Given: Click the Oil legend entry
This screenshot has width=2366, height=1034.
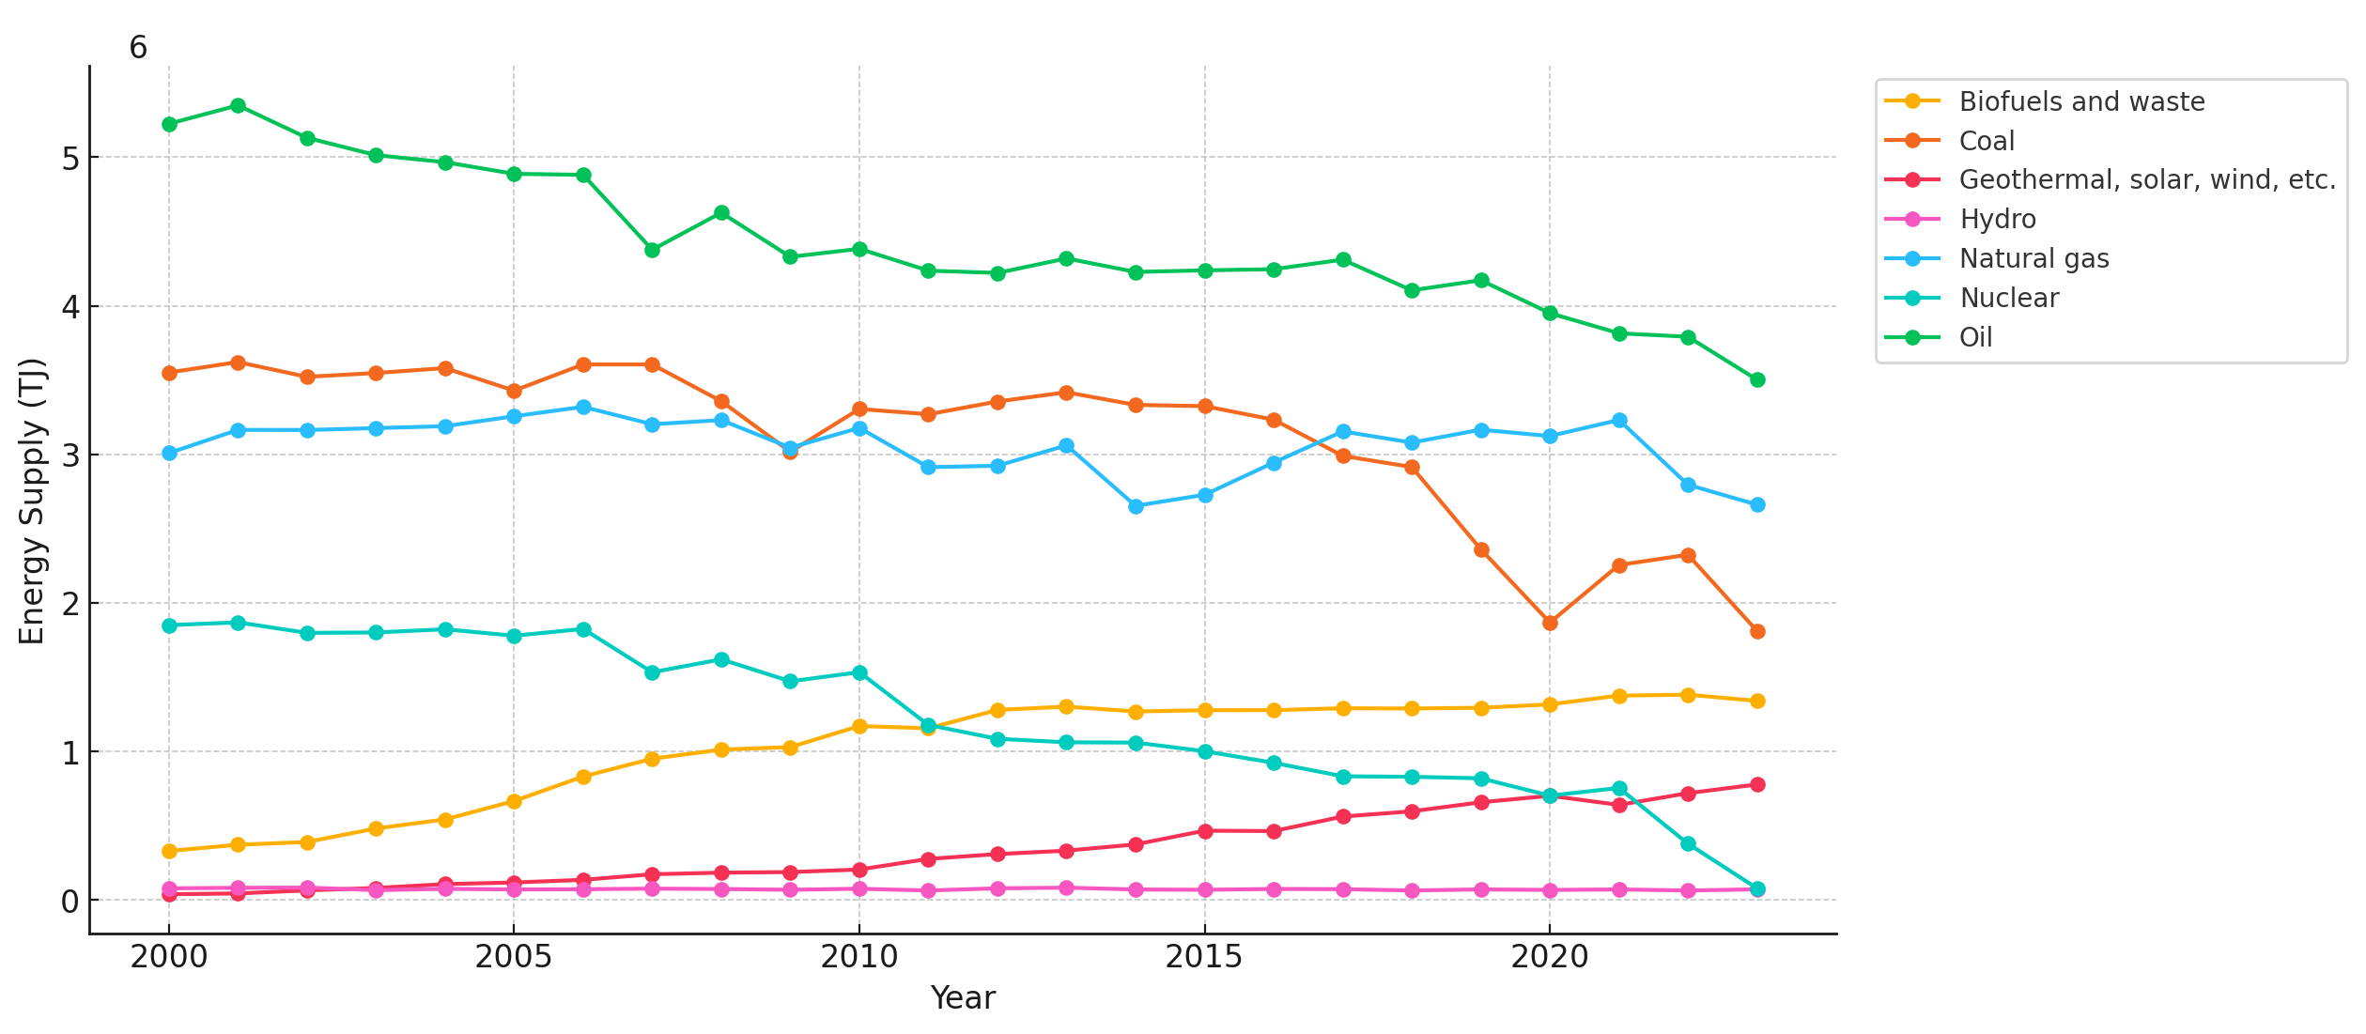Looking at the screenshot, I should click(1974, 338).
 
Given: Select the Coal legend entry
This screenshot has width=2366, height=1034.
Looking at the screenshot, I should click(1986, 142).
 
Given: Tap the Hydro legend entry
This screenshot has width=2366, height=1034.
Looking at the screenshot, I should click(1997, 220).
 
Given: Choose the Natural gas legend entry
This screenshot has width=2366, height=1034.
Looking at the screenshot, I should click(2034, 259).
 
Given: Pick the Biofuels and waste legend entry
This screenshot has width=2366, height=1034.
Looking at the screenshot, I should click(2081, 102).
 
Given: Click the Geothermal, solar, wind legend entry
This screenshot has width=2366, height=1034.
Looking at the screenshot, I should click(2147, 180).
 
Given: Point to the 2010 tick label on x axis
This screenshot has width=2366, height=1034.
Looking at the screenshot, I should click(858, 957).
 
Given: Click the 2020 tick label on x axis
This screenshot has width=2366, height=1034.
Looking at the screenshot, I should click(1549, 957).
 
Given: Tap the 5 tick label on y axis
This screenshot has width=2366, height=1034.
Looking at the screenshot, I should click(70, 159).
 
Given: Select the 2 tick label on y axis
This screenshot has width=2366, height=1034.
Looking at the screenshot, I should click(70, 605).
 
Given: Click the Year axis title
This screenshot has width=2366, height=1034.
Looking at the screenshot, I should click(962, 998).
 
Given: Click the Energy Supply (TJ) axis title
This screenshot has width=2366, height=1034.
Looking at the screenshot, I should click(32, 501).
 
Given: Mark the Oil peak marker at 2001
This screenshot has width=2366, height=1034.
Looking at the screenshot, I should click(238, 106).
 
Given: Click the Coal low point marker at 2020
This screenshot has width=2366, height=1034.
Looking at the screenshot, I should click(1550, 623).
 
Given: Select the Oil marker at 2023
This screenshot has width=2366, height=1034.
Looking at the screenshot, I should click(1757, 380).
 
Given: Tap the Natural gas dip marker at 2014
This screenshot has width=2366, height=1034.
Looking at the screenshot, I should click(1136, 506).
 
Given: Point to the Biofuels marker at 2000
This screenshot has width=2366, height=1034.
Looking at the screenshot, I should click(169, 852).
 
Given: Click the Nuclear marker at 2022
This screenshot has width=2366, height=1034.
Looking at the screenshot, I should click(1688, 844).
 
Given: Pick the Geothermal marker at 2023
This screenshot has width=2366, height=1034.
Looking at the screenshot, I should click(1757, 785).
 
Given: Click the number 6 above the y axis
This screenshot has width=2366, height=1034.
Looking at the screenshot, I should click(138, 48).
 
